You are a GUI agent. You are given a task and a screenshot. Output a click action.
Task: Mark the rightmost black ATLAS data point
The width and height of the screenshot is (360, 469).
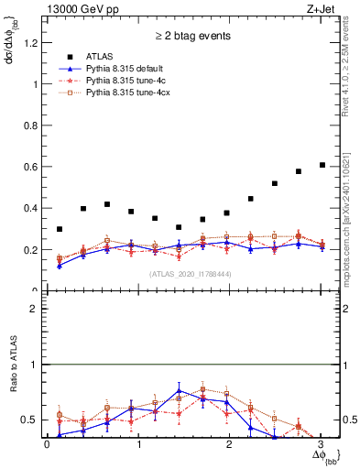click(x=322, y=165)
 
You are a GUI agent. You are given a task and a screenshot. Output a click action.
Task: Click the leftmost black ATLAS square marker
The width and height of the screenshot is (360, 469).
click(x=60, y=229)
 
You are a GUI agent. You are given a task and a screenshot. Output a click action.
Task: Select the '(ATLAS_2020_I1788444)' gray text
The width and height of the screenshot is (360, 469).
click(x=192, y=273)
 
